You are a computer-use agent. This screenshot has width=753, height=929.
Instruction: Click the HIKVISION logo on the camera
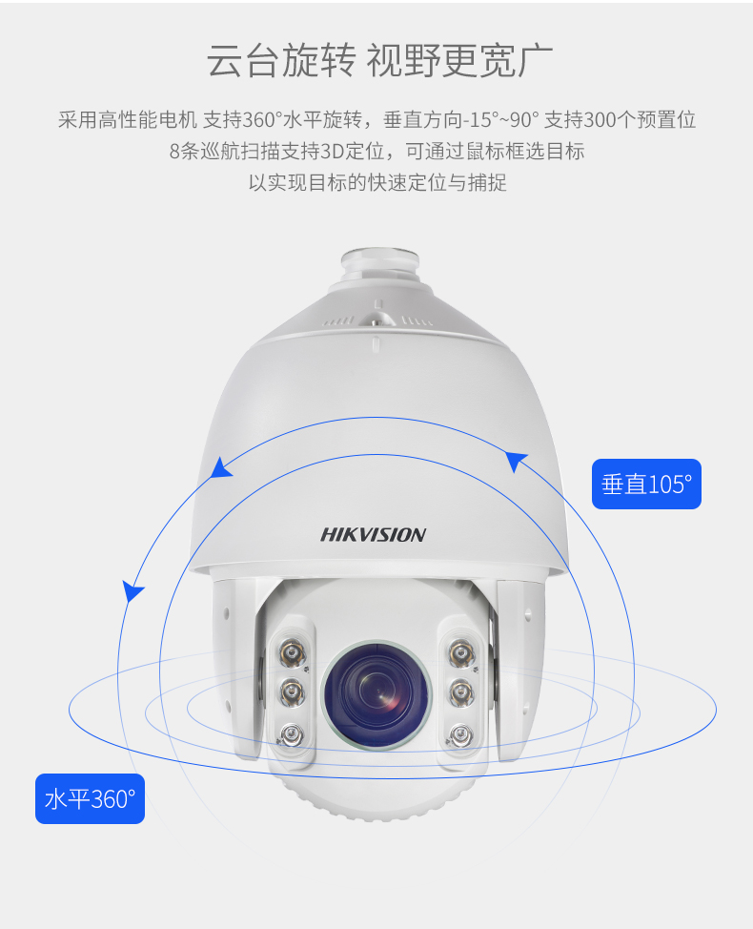click(373, 534)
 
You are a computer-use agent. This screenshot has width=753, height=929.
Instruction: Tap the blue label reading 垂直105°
click(646, 484)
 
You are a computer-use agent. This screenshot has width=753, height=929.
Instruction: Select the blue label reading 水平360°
click(90, 798)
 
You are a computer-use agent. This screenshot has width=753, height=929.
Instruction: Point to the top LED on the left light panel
click(293, 653)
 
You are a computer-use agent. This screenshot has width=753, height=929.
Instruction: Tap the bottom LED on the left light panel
click(292, 735)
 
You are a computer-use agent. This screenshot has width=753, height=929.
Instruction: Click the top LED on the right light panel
click(459, 653)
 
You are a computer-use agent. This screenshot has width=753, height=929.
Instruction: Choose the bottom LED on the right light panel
click(460, 735)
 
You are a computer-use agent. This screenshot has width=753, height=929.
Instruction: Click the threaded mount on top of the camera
click(380, 265)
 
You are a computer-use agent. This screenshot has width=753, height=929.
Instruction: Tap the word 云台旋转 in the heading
click(281, 60)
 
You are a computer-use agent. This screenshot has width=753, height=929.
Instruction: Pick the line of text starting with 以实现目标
click(377, 182)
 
